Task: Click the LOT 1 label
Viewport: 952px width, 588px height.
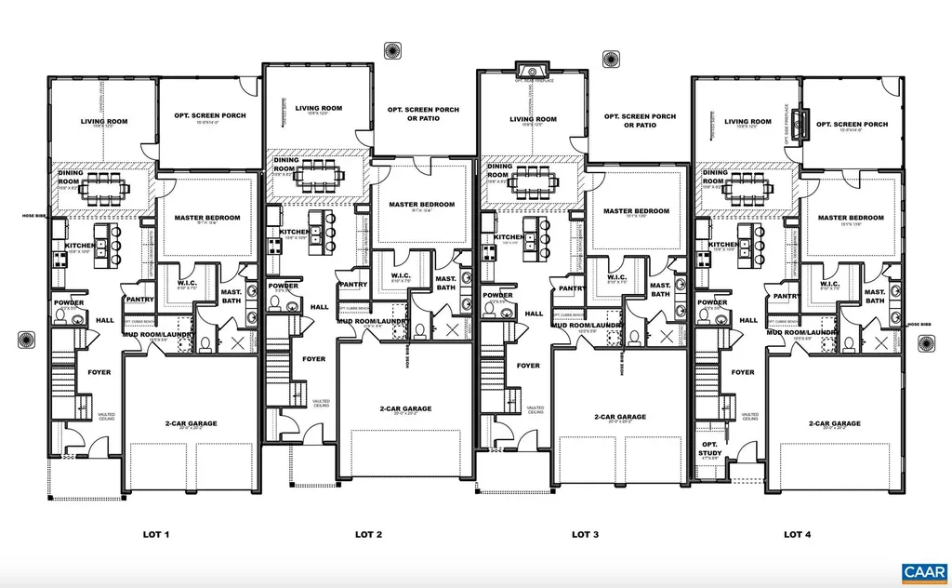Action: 155,535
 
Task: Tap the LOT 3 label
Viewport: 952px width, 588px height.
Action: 583,535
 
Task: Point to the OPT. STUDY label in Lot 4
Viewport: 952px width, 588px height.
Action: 711,448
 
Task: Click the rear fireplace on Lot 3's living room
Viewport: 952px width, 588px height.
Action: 533,70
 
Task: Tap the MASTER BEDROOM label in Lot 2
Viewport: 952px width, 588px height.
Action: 421,205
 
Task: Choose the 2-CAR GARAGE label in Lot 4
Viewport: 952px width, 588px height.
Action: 834,423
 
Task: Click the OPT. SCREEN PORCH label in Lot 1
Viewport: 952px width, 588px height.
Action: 209,116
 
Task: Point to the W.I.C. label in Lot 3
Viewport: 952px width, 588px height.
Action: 616,276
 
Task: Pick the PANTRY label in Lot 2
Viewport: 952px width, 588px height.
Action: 353,285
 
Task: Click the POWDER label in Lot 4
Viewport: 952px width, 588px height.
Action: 712,302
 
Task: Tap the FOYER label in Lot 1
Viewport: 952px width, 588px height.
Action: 99,372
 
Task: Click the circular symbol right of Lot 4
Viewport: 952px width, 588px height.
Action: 925,343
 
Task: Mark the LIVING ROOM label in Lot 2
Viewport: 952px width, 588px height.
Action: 319,108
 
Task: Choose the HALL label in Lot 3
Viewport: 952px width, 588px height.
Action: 534,314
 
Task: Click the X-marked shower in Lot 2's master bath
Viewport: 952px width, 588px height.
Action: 452,330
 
